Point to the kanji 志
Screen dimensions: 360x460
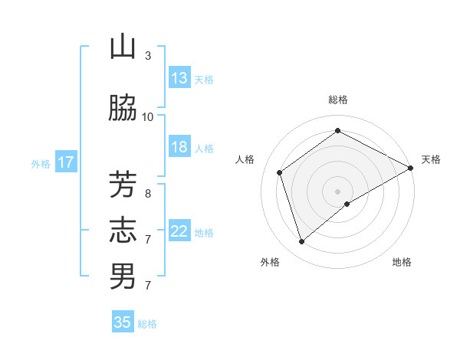pyautogui.click(x=123, y=230)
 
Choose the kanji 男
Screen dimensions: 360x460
pyautogui.click(x=123, y=277)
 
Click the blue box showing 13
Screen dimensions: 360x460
pyautogui.click(x=179, y=78)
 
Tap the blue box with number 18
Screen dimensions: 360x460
pyautogui.click(x=179, y=147)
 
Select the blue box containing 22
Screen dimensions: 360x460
pyautogui.click(x=179, y=231)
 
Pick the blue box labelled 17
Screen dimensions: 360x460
pyautogui.click(x=66, y=162)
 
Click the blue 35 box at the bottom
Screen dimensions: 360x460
pyautogui.click(x=123, y=322)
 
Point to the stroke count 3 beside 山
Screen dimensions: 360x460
pyautogui.click(x=148, y=55)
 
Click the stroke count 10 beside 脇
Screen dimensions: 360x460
pyautogui.click(x=148, y=116)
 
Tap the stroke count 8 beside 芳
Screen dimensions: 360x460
pyautogui.click(x=148, y=193)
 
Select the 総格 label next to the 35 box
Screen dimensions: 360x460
pyautogui.click(x=147, y=323)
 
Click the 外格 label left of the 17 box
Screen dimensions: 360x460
pyautogui.click(x=40, y=163)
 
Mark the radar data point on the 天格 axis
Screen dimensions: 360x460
pyautogui.click(x=411, y=168)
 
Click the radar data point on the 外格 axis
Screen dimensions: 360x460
pyautogui.click(x=301, y=242)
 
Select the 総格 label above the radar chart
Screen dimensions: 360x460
pyautogui.click(x=338, y=100)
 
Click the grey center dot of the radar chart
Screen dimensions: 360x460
pyautogui.click(x=338, y=191)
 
